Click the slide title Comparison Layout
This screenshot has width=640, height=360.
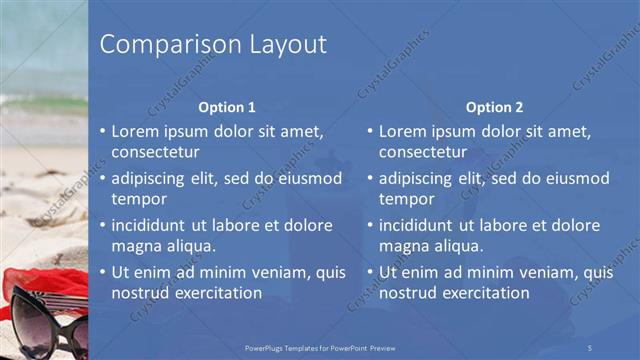click(x=213, y=45)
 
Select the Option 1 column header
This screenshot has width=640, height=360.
click(x=227, y=107)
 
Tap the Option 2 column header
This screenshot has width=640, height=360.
click(x=494, y=107)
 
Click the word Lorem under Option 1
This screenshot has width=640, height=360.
click(x=135, y=131)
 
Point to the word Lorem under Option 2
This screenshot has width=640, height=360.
click(x=402, y=131)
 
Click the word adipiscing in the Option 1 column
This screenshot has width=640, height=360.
click(x=152, y=178)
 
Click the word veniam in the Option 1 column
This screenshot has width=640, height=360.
click(x=274, y=272)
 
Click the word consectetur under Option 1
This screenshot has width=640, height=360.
click(x=155, y=152)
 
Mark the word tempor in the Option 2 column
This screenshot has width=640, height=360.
click(x=406, y=199)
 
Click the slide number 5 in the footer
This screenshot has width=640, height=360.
click(x=590, y=346)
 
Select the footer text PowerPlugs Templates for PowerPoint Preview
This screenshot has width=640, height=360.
click(x=319, y=346)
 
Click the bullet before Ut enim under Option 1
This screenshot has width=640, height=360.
click(x=102, y=272)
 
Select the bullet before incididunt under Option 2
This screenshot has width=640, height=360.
click(x=369, y=225)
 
